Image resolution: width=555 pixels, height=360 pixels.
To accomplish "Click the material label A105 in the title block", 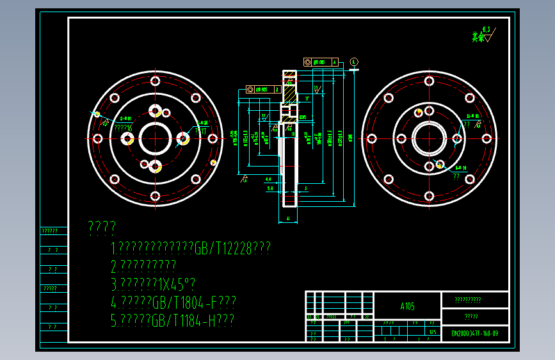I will tap(407, 306).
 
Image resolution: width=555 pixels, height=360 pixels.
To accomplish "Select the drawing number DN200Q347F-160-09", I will tap(474, 333).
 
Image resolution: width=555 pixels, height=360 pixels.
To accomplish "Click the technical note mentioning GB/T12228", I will tap(191, 248).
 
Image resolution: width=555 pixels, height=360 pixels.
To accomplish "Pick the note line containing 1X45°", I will tap(153, 284).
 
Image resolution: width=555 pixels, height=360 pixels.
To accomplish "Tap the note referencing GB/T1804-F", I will tap(174, 302).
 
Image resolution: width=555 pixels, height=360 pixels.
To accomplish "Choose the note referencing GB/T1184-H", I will tap(173, 321).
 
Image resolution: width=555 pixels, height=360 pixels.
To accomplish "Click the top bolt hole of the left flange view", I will tap(155, 80).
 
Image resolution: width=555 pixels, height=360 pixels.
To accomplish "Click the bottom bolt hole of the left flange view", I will tap(155, 197).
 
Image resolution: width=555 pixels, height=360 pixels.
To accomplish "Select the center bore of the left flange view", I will tap(155, 138).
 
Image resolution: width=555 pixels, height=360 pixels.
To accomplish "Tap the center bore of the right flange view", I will tap(429, 138).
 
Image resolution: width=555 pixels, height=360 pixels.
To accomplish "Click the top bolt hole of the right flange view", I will tap(429, 81).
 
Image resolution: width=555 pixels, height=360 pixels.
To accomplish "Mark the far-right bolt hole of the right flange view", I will tap(486, 138).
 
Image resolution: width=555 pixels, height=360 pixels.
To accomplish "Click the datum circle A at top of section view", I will tap(354, 62).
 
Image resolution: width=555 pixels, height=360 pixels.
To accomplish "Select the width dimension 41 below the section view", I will tap(289, 219).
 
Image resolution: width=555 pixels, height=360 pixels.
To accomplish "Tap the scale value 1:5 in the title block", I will tap(433, 332).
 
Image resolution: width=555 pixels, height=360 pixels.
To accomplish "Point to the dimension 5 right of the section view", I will tap(307, 188).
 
